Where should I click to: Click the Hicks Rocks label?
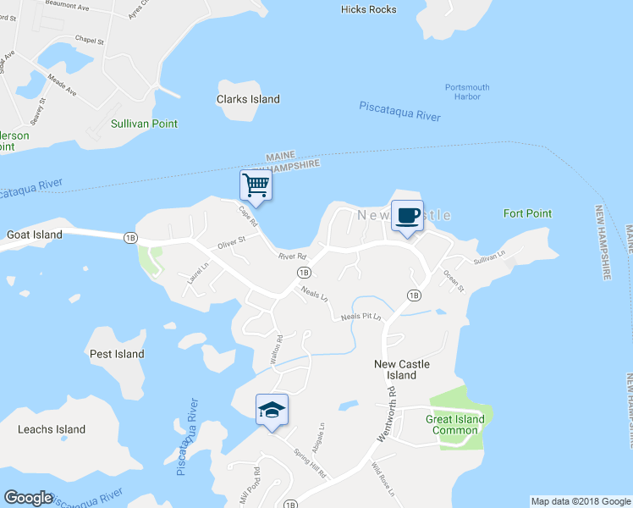pos(368,9)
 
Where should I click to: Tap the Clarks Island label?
pos(248,99)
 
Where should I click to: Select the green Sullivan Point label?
pos(144,124)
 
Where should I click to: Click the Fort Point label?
pos(527,213)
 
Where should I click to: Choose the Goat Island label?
pos(35,235)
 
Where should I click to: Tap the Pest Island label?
pos(117,354)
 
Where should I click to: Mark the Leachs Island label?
pos(52,429)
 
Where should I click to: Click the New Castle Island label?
pos(402,369)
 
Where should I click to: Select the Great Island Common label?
pos(455,424)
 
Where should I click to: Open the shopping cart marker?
pos(255,185)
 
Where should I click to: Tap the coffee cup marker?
pos(407,215)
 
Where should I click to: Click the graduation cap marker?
pos(272,410)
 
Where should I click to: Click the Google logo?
pos(28,498)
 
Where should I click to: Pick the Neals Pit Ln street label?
pos(362,317)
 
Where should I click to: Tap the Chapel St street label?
pos(89,40)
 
